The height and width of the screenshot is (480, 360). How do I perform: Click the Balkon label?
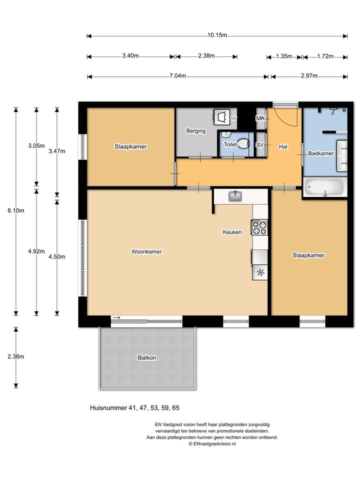pos(147,357)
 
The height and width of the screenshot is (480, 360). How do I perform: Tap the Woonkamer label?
pos(146,251)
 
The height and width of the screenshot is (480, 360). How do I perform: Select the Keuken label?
pos(232,232)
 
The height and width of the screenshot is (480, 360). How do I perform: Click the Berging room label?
pos(196,131)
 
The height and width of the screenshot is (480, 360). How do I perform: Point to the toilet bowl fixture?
pos(243,143)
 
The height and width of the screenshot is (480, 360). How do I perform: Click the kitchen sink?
pos(235,196)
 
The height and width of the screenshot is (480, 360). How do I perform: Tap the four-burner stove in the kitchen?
pos(259,227)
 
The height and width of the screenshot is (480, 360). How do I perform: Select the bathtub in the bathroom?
pos(325,187)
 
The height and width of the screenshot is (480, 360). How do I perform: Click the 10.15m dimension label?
pos(217,35)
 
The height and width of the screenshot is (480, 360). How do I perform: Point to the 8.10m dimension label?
pos(16,210)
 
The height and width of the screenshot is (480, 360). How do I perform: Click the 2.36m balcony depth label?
pos(16,356)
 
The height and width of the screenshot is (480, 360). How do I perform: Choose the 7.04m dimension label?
pos(178,76)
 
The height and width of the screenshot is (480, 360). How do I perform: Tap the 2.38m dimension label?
pos(206,55)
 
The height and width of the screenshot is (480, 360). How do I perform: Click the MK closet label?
pos(260,118)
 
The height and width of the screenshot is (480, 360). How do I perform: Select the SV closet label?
pos(259,145)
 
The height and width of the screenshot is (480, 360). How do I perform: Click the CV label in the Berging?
pos(233,118)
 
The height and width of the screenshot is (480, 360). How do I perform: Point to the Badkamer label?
pos(321,153)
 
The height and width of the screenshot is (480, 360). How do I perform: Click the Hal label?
pos(283,147)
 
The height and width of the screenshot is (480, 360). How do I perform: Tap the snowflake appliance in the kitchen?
pos(260,272)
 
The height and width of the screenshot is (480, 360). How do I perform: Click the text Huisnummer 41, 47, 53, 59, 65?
pos(134,408)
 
